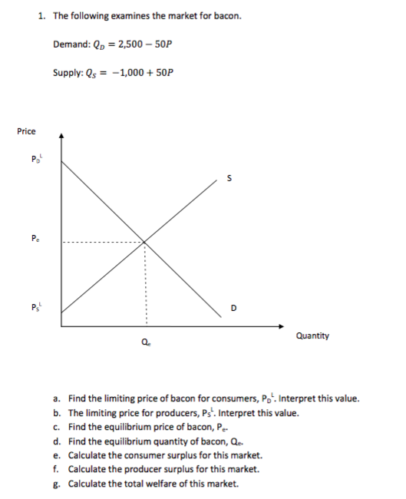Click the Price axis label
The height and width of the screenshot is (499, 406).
(26, 131)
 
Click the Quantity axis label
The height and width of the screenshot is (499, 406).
(312, 335)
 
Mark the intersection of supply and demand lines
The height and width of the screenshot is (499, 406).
(144, 243)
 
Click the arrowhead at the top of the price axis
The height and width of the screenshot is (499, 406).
(62, 136)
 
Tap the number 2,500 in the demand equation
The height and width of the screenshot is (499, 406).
(129, 44)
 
